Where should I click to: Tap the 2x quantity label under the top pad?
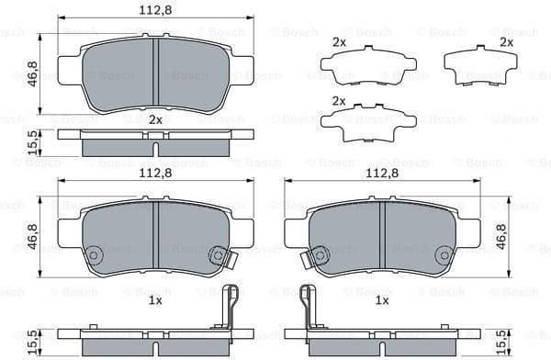155,119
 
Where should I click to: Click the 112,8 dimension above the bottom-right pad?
382,173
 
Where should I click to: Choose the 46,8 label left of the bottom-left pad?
33,238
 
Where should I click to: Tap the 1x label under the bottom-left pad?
155,300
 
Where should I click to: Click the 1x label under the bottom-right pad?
382,300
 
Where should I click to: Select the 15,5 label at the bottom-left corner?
33,342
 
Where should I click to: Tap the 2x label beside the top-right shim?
506,42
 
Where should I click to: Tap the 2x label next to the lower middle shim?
339,101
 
